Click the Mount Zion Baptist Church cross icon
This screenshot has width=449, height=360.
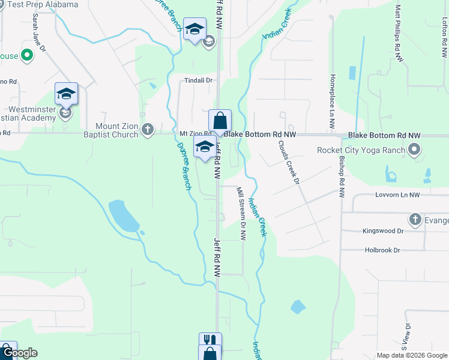(148, 129)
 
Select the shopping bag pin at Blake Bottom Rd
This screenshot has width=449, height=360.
(220, 121)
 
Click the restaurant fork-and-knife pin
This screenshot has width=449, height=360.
(210, 341)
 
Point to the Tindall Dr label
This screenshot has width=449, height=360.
(199, 80)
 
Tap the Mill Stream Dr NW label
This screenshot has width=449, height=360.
(242, 214)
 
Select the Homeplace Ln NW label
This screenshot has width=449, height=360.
(331, 102)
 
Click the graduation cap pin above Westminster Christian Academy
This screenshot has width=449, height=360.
(66, 94)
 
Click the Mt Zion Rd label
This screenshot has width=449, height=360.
(196, 134)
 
